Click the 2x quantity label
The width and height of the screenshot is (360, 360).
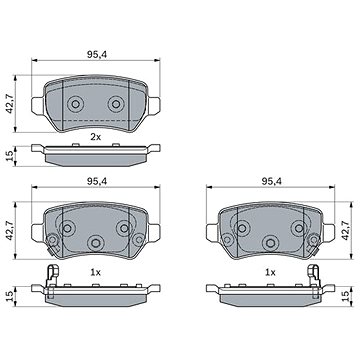[95, 137]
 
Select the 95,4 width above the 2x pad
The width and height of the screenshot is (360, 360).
[97, 55]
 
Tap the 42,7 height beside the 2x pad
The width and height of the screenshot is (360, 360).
[10, 103]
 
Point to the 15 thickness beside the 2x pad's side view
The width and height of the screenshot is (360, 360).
[10, 156]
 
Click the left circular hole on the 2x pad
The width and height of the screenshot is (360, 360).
[75, 104]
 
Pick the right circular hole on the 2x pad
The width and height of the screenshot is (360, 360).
[116, 104]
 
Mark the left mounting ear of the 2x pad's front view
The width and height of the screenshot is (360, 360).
[38, 106]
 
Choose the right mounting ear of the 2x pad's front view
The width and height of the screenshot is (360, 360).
[154, 106]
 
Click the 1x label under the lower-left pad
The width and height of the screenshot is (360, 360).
[95, 273]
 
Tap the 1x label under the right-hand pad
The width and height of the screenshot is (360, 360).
[270, 273]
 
